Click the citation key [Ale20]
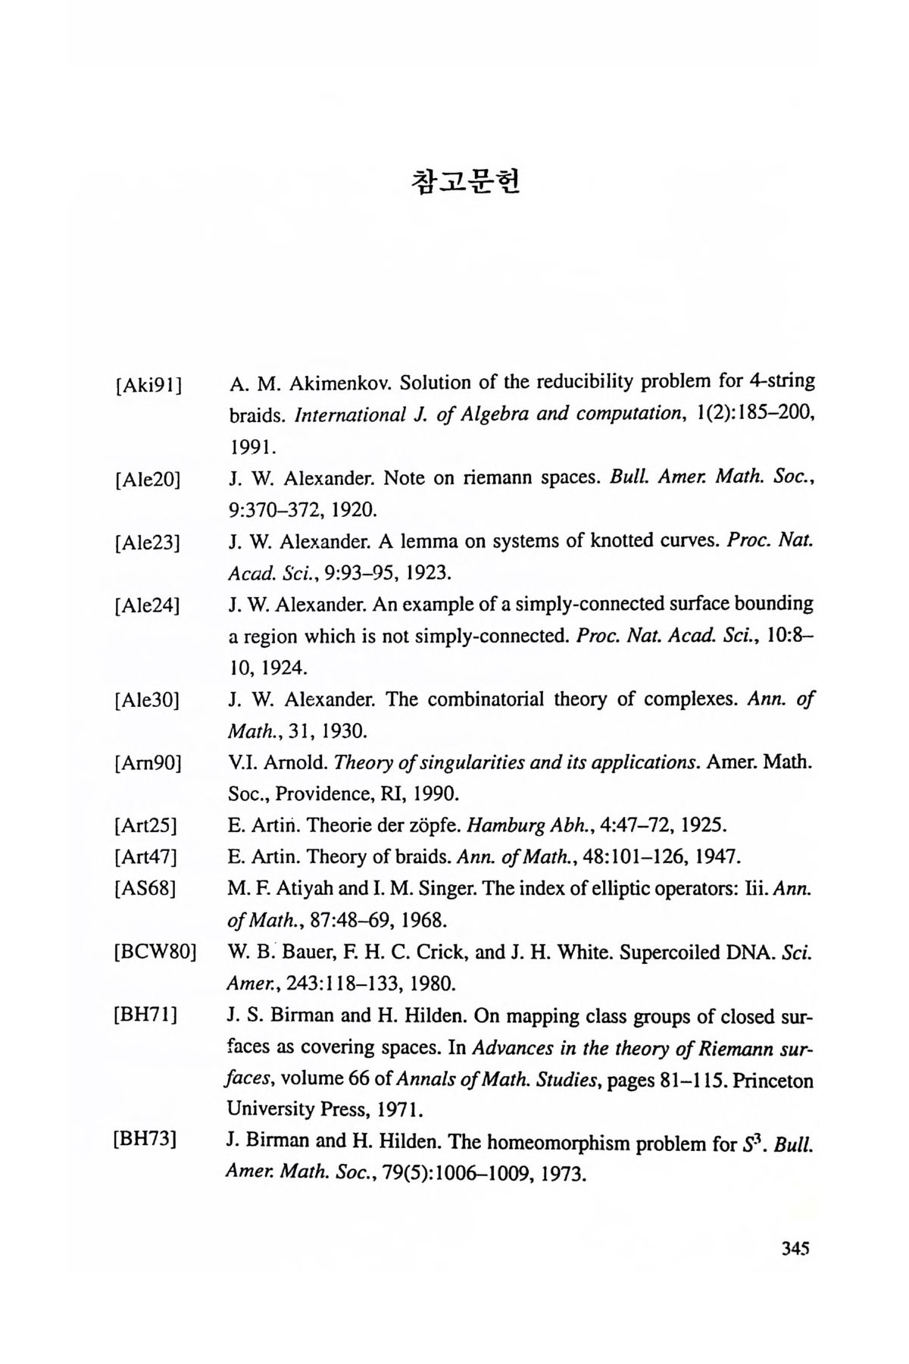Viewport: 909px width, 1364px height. (148, 480)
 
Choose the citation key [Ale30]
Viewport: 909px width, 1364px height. (148, 700)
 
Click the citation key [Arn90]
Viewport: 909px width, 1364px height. (148, 763)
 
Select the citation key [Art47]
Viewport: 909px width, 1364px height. (145, 857)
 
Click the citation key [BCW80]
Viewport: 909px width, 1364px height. (155, 952)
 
